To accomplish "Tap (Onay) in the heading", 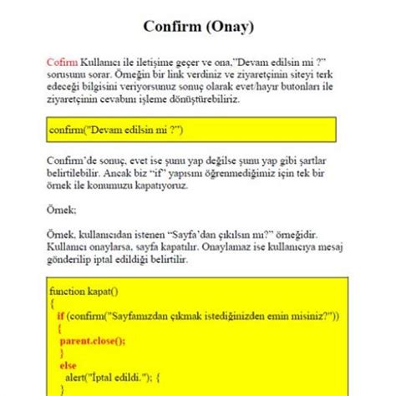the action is pyautogui.click(x=226, y=27).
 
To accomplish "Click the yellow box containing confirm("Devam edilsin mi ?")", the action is pyautogui.click(x=191, y=130).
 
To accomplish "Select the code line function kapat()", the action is pyautogui.click(x=84, y=292).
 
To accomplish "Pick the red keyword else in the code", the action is pyautogui.click(x=67, y=365).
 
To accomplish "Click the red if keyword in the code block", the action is pyautogui.click(x=61, y=315).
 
